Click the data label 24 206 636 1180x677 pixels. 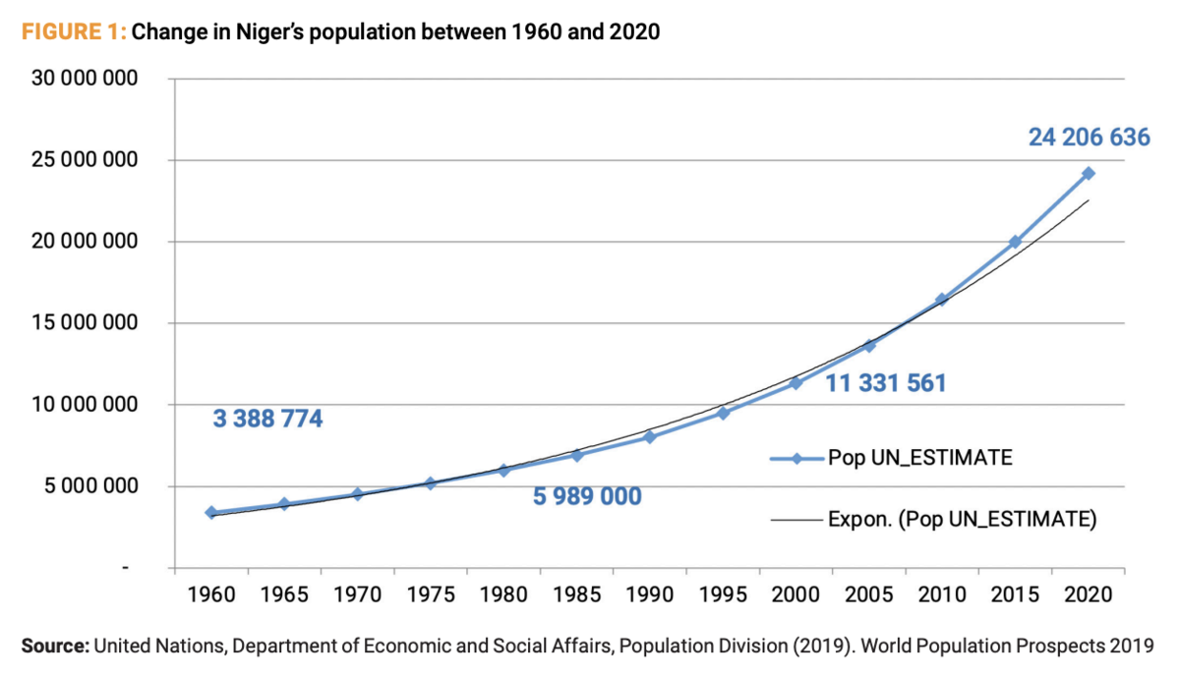point(1089,138)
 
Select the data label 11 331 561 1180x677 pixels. point(886,383)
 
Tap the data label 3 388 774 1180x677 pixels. point(267,419)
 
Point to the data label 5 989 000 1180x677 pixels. point(587,496)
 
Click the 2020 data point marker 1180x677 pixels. point(1089,173)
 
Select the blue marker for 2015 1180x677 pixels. point(1015,242)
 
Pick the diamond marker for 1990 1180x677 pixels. point(650,437)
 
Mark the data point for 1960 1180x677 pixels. point(211,512)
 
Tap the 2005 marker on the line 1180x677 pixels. point(869,346)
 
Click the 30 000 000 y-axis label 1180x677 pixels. point(85,78)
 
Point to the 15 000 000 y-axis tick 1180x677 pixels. point(85,322)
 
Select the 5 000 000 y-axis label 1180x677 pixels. point(90,485)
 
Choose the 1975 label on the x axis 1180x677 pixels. point(431,594)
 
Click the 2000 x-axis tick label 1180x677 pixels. point(796,594)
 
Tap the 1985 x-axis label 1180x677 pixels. point(577,594)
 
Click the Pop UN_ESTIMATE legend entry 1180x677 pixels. point(891,458)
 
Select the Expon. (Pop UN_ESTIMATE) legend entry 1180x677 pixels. point(933,520)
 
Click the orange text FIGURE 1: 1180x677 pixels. point(74,32)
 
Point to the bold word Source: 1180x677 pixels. point(55,646)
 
